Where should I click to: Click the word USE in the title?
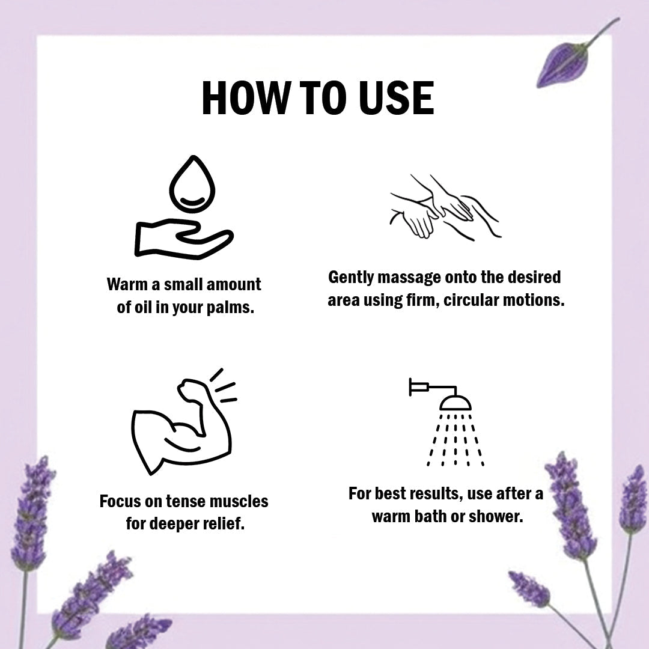click(396, 98)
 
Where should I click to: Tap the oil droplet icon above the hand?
click(192, 184)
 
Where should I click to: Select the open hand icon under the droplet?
click(184, 239)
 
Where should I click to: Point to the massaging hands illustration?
click(445, 207)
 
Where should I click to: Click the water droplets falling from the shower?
click(456, 439)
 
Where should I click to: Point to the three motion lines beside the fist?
click(224, 386)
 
